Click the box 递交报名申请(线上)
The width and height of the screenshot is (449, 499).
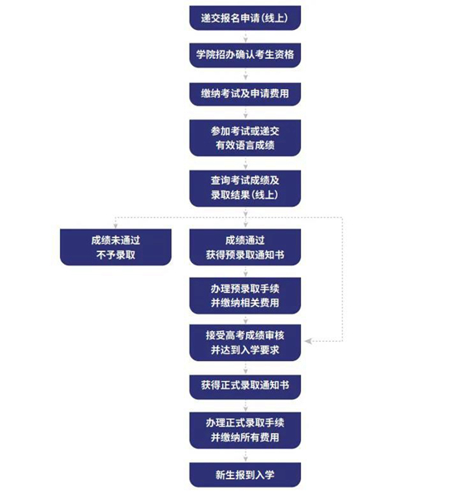[245, 17]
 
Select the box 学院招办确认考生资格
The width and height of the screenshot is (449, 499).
[245, 55]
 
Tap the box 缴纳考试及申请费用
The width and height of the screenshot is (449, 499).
[245, 94]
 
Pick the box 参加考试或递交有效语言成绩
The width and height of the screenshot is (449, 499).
[245, 138]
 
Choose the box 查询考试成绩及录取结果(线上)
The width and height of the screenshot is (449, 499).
[245, 189]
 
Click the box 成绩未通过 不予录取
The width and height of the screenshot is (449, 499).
[116, 247]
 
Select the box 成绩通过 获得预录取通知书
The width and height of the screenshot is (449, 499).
[245, 247]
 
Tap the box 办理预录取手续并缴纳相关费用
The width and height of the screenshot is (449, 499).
[245, 295]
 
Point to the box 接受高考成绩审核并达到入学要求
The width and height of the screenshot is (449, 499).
[245, 343]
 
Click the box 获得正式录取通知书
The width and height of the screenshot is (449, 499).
[245, 387]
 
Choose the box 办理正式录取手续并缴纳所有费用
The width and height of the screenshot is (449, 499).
[245, 430]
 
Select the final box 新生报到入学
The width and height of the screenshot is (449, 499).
[245, 475]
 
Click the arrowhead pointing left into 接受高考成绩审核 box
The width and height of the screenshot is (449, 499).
[308, 341]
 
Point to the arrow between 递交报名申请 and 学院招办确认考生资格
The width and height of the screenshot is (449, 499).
[245, 37]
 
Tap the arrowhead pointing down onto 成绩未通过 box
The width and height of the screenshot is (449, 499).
[116, 225]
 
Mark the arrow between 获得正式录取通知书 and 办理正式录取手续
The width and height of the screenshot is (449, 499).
[245, 406]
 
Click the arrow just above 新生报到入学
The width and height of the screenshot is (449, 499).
[245, 456]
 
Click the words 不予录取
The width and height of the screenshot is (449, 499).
[116, 254]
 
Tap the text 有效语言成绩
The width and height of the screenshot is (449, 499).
[245, 145]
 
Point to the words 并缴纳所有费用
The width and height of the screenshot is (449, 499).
[245, 437]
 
